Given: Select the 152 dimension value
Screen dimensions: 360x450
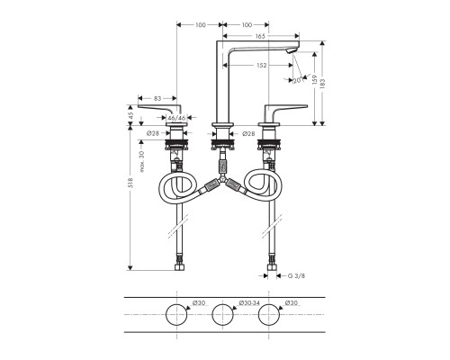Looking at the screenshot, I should (260, 65).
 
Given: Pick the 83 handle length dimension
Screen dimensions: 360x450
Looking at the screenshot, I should (157, 97).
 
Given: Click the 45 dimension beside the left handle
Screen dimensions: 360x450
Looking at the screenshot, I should (130, 114).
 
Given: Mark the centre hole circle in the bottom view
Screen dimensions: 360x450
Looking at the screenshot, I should (223, 318).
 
